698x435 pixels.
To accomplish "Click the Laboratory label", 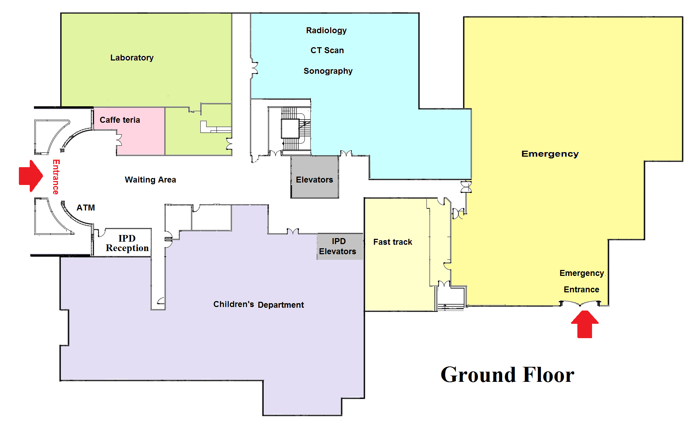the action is point(132,58).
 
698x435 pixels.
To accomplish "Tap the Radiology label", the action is point(326,30).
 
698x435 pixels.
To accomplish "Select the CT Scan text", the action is point(327,50).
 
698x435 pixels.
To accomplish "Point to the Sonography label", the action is point(328,71).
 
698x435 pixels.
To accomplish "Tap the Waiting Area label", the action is point(150,180).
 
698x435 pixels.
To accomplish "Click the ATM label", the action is point(86,208).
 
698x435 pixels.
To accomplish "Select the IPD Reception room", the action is point(122,243).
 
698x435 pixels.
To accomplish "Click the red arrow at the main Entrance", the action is point(31,176).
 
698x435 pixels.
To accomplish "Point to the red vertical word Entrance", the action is point(56,177).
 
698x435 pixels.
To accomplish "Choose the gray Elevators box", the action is point(315,177).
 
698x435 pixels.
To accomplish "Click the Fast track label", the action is point(393,242).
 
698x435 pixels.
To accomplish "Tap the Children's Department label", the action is point(258,305).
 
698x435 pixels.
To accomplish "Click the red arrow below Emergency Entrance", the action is point(585,324).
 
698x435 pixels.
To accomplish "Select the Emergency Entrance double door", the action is point(580,303).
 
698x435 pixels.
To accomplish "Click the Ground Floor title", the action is point(507,375).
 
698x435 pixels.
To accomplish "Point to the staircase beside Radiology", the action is point(296,129).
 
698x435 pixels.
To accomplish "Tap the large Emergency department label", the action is point(550,154).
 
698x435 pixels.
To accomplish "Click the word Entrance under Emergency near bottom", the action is point(581,290).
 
